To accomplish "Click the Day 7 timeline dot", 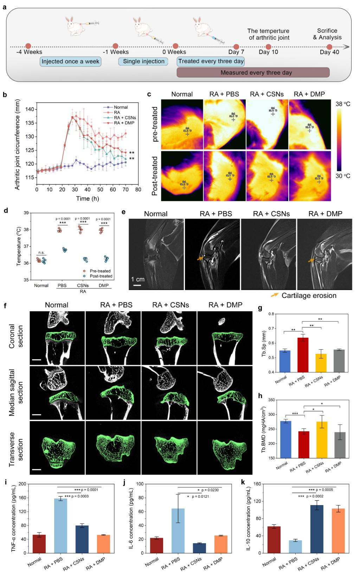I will coord(236,47).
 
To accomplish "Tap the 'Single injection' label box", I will coord(143,61).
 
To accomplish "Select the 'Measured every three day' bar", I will coord(253,72).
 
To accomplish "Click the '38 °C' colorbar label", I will coord(343,104).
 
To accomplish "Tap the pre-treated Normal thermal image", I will coord(182,124).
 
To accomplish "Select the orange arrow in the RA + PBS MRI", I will coord(200,259).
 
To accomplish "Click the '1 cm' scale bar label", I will coord(137,279).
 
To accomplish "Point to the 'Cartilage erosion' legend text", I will coord(309,295).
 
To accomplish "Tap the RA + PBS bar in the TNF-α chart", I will coord(61,525).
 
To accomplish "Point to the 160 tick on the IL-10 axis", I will coord(257,484).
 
